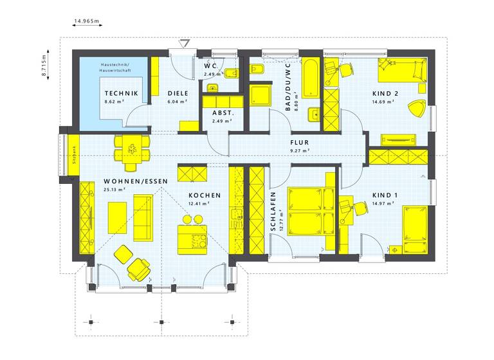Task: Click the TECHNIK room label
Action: click(x=122, y=93)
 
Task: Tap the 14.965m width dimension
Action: click(x=87, y=21)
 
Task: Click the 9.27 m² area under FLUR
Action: click(x=300, y=150)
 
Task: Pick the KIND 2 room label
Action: click(x=385, y=93)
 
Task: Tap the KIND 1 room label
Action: click(x=385, y=195)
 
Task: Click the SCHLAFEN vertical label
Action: click(x=273, y=212)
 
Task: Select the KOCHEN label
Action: click(x=205, y=195)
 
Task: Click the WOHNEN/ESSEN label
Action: click(x=127, y=181)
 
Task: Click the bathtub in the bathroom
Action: click(x=311, y=78)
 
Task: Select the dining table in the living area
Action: click(x=131, y=150)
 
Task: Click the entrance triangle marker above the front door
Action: click(x=185, y=44)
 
